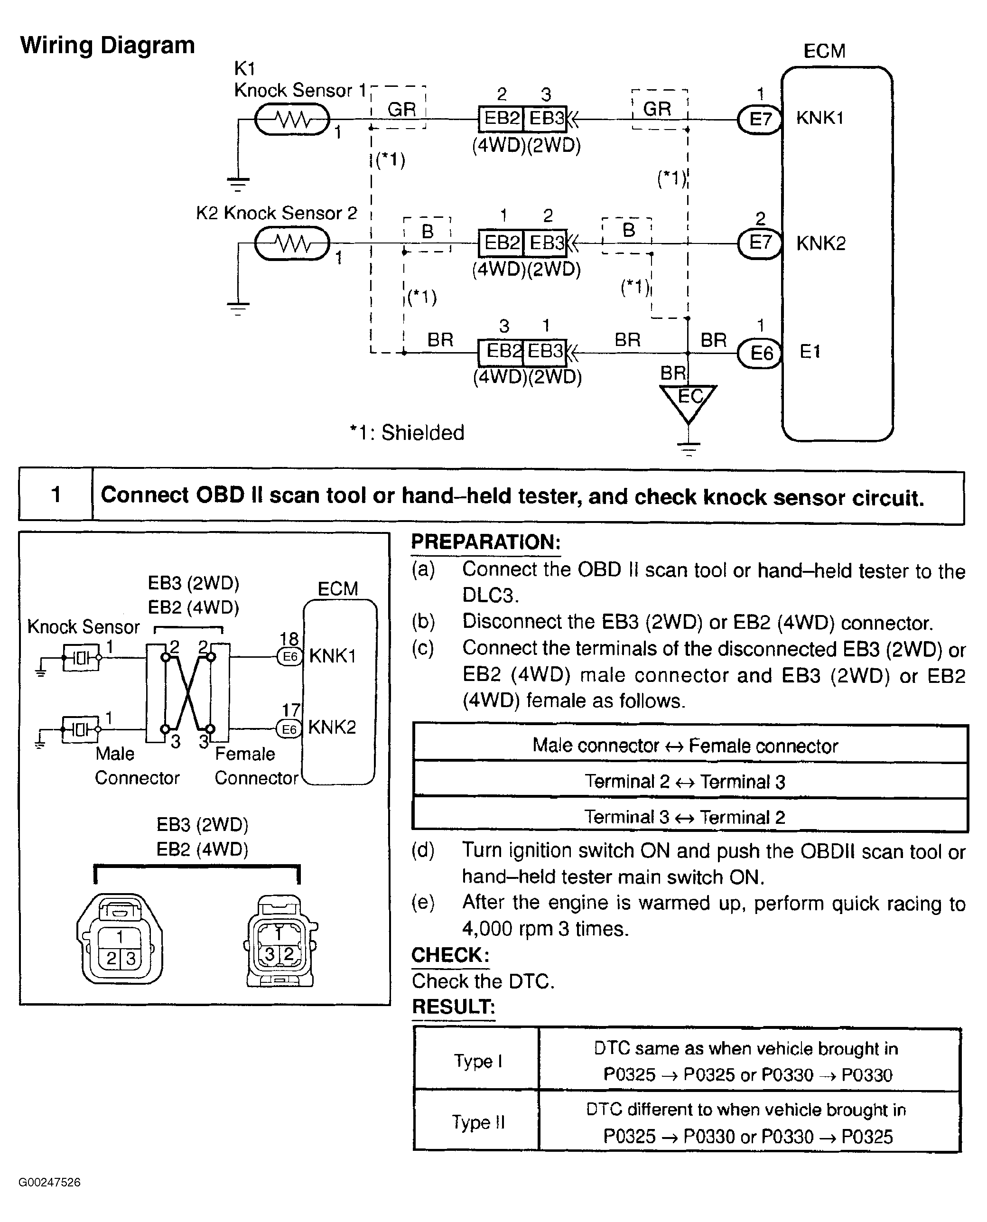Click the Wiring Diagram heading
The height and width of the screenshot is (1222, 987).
[107, 46]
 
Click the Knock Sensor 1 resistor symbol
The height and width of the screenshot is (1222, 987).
[292, 120]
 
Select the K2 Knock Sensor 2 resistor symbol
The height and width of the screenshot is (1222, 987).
[292, 243]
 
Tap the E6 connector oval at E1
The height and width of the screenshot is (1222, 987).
[761, 353]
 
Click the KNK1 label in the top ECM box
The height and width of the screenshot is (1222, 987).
[819, 118]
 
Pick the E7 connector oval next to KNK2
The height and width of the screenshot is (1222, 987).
[760, 243]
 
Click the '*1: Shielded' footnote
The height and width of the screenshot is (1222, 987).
[407, 433]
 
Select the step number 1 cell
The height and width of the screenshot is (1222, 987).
[56, 494]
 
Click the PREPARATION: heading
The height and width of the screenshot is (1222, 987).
[485, 542]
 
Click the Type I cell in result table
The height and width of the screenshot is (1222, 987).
[477, 1061]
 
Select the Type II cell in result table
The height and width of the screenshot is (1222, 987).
[477, 1122]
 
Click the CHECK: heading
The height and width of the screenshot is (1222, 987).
[450, 955]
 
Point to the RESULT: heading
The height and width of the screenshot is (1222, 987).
[453, 1007]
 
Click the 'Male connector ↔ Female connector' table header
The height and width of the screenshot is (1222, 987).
[685, 746]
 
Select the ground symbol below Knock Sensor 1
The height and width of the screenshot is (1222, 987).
[238, 183]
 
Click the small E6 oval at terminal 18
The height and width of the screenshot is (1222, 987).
[289, 657]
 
